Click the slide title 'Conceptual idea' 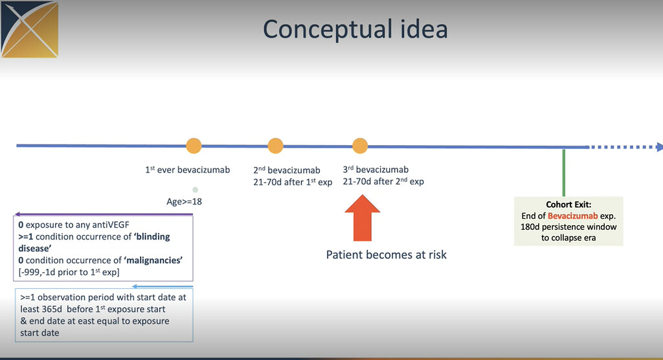355,30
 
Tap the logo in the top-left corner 30,30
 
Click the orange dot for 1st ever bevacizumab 194,146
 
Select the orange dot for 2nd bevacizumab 275,146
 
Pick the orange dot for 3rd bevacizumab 360,146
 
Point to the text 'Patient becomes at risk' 386,254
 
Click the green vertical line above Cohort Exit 564,172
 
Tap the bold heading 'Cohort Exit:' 568,204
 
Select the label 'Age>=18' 184,201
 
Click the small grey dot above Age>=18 195,190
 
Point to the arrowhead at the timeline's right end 659,146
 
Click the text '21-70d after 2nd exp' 383,181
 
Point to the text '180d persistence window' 569,227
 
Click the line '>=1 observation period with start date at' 103,297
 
